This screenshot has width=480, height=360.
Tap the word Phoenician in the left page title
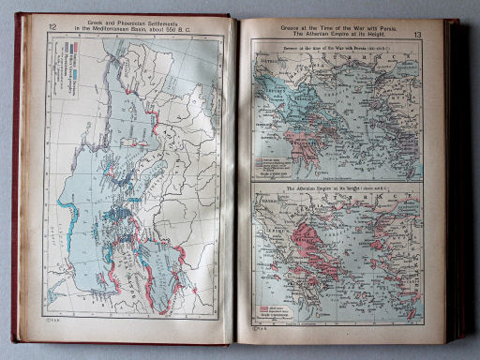pos(133,24)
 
